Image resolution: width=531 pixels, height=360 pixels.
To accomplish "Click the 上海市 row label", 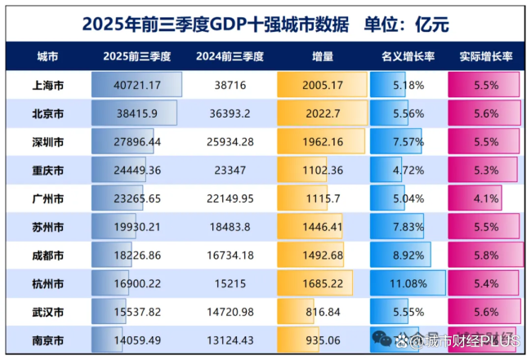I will (47, 85).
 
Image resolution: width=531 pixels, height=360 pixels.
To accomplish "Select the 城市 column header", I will (47, 57).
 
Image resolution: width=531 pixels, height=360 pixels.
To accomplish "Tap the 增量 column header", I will (322, 57).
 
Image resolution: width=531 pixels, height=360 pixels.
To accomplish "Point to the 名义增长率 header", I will (408, 57).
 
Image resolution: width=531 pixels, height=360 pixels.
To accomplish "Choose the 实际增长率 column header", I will (487, 57).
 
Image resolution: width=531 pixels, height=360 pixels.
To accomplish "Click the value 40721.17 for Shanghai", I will (138, 85).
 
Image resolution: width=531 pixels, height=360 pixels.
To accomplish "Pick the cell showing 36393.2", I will (230, 113).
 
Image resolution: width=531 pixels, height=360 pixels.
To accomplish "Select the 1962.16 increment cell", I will (322, 142).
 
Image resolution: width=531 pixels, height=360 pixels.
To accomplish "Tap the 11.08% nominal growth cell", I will (408, 284).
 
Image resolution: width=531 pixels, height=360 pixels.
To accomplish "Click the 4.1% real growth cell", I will (487, 198).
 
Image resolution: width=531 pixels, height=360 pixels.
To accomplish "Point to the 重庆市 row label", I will (47, 170).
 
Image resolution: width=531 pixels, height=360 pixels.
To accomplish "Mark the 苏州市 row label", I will (47, 227).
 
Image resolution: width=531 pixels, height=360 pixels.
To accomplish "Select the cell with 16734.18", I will (230, 256).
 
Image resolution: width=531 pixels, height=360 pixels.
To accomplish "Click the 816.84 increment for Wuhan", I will (322, 312).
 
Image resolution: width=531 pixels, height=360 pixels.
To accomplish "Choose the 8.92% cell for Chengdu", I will (408, 256).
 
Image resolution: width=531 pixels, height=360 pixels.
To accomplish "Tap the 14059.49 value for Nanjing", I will (138, 340).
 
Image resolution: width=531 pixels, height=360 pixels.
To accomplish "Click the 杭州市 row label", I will (47, 284).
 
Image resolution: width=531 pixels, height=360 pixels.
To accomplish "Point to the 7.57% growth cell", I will (408, 142).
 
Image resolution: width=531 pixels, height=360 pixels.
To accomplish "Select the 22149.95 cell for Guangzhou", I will (230, 198).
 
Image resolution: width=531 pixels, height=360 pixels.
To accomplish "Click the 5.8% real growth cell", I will (487, 256).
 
